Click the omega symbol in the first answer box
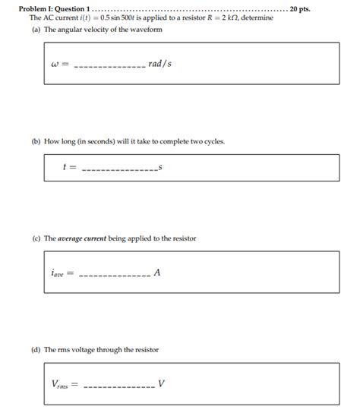click(54, 65)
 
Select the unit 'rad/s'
click(160, 64)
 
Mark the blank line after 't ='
click(118, 169)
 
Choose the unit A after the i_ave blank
click(156, 273)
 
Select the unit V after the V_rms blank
click(162, 383)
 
